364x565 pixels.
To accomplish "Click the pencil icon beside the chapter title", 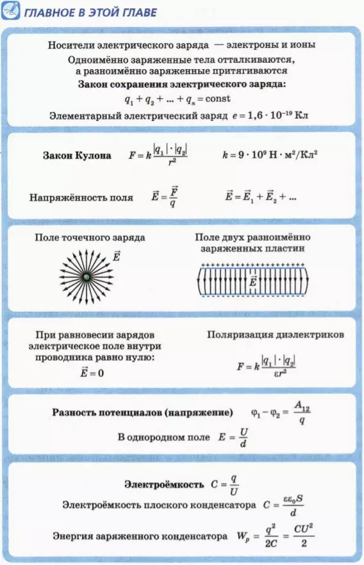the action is pos(10,11).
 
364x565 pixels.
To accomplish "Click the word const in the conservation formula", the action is pos(218,99).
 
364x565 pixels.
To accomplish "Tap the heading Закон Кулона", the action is pos(77,155).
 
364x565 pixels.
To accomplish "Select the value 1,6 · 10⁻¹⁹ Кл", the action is pos(278,115).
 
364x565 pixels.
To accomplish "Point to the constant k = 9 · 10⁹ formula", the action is pos(270,155).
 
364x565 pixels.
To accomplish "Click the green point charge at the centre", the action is pos(87,277).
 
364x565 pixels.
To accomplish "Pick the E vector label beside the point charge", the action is pos(116,256).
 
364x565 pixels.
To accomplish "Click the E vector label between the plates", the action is pos(253,281).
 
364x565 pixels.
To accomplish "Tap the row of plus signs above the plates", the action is pos(253,265).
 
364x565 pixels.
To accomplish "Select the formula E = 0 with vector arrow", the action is pos(92,372).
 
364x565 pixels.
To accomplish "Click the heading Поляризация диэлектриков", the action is pos(276,335).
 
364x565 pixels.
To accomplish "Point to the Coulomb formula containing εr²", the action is pos(267,366).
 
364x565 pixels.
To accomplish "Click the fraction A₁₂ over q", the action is pos(302,413).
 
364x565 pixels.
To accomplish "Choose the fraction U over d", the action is pos(244,437).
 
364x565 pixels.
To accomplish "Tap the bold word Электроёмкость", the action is pos(164,484).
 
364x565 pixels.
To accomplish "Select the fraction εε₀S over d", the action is pos(293,505).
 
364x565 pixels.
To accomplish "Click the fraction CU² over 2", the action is pos(304,536).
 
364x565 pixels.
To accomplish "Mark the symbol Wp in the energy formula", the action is pos(244,537).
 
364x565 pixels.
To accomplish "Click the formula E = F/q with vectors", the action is pos(165,197).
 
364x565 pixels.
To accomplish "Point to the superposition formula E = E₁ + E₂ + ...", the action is pos(261,197).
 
